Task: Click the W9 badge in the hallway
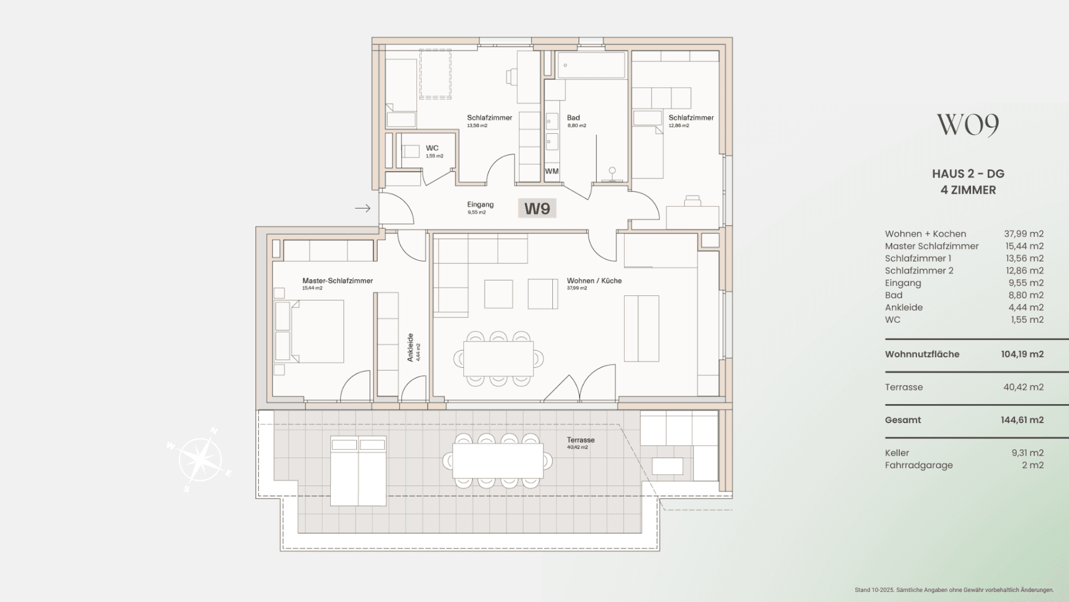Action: pyautogui.click(x=537, y=209)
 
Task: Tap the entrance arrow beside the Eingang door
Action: pyautogui.click(x=363, y=208)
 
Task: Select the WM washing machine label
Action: pyautogui.click(x=552, y=171)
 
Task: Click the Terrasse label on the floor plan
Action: pyautogui.click(x=580, y=440)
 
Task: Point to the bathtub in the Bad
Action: pyautogui.click(x=592, y=65)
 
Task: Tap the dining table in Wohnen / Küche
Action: pyautogui.click(x=498, y=359)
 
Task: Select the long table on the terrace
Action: pyautogui.click(x=498, y=461)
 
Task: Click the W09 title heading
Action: pyautogui.click(x=968, y=124)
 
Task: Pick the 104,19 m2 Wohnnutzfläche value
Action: pyautogui.click(x=1022, y=354)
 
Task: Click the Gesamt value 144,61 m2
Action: pyautogui.click(x=1022, y=420)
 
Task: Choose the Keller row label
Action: pyautogui.click(x=897, y=453)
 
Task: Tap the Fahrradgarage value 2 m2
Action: pyautogui.click(x=1033, y=465)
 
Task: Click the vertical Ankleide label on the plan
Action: pyautogui.click(x=410, y=348)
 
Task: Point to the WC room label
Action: pyautogui.click(x=432, y=149)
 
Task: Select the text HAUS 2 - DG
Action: pyautogui.click(x=968, y=174)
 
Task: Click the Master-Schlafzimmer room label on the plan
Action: pyautogui.click(x=337, y=280)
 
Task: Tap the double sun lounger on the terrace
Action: pyautogui.click(x=358, y=471)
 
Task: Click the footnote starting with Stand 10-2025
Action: pyautogui.click(x=954, y=590)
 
